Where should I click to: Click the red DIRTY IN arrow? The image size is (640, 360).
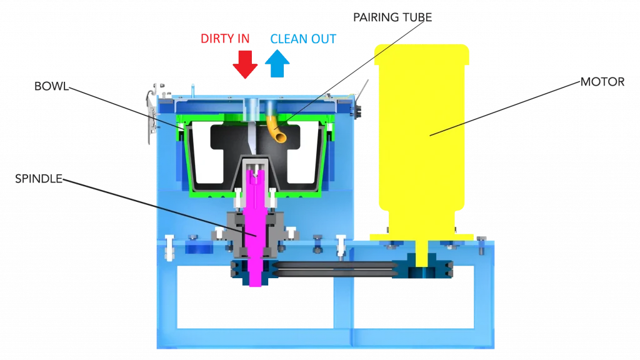pos(245,64)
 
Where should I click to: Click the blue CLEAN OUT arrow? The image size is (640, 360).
pos(277,64)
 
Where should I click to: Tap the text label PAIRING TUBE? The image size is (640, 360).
pos(392,17)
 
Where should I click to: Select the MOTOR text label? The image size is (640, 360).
pos(602,82)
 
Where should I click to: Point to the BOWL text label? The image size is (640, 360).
pos(51,86)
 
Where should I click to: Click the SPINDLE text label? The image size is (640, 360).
pos(39,179)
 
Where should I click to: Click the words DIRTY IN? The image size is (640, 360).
pos(225,39)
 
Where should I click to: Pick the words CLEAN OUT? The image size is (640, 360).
pos(303,39)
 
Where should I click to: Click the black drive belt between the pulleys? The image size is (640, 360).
pos(335,269)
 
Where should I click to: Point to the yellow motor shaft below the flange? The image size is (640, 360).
pos(422,253)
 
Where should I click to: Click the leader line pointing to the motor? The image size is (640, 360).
pos(505,109)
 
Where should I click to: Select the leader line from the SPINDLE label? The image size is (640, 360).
pos(159,207)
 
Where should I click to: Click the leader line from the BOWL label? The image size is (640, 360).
pos(126,108)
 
